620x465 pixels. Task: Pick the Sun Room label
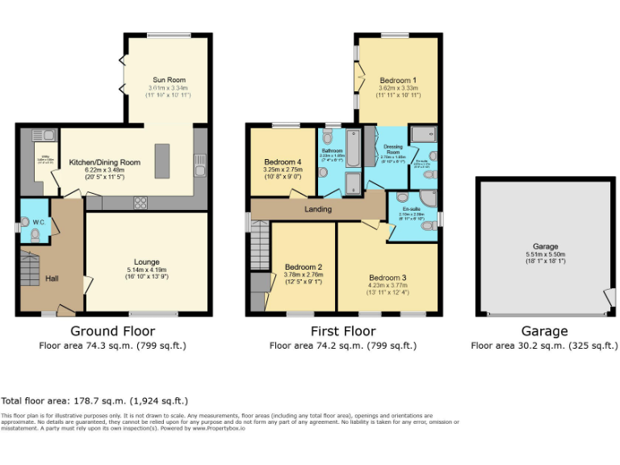tap(168, 80)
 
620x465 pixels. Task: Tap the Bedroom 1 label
tap(398, 81)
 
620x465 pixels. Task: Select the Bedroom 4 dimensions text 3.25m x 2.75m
tap(283, 170)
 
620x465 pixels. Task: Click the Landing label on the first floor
tap(317, 209)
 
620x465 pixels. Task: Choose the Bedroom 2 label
tap(304, 267)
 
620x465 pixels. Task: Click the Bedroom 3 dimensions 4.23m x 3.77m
tap(387, 286)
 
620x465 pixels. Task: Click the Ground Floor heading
tap(112, 331)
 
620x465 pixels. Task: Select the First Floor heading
tap(343, 331)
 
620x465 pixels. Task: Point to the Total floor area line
tap(94, 400)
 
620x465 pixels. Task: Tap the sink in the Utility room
tap(38, 136)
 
